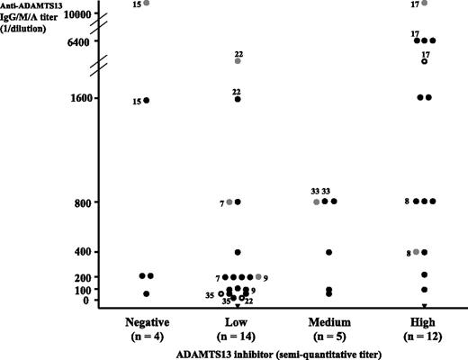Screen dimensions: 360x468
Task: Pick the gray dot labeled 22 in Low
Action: (x=238, y=61)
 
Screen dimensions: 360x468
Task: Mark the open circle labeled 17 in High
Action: (x=425, y=61)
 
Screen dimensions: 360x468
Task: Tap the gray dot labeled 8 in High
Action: (x=416, y=252)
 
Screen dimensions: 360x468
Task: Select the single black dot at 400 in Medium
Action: (x=329, y=253)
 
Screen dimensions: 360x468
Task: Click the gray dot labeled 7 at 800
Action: (x=229, y=202)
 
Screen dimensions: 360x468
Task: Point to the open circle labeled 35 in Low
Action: (x=221, y=293)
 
